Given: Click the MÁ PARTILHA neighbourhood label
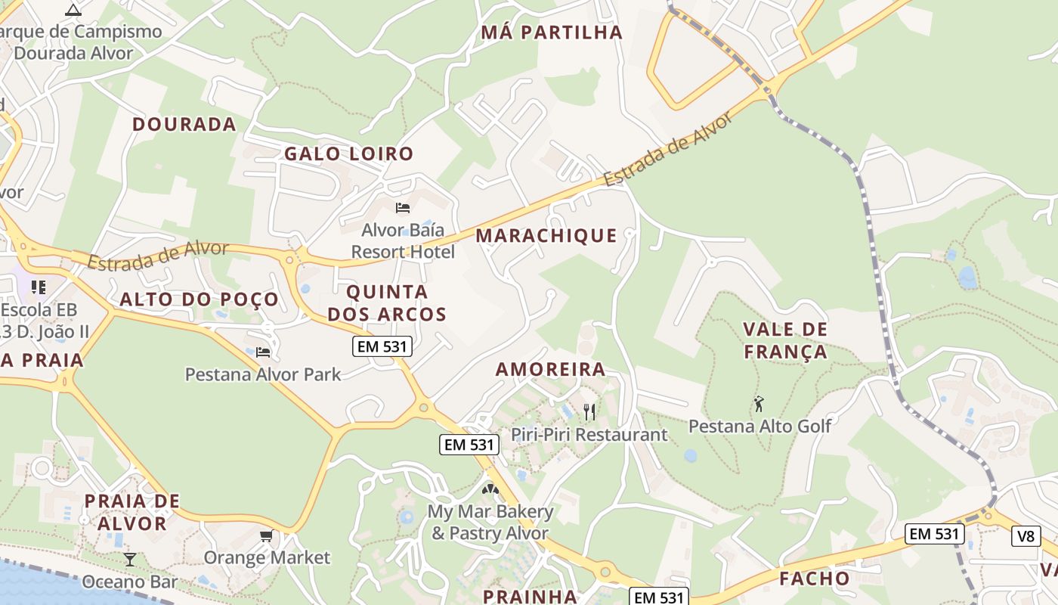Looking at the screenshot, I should tap(552, 33).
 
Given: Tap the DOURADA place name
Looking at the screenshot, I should tap(184, 125).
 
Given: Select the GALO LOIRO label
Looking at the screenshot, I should tap(349, 154).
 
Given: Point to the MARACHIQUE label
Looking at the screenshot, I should tap(546, 236).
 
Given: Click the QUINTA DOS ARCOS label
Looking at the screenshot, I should tap(387, 302).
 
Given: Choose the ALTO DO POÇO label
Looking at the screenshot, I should tap(200, 299).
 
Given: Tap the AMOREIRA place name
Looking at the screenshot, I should tap(550, 370).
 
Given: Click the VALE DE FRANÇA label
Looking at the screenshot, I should tap(785, 340).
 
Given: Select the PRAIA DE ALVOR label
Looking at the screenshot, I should tap(132, 512).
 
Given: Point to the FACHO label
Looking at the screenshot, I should tap(815, 579).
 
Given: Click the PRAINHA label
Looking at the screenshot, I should tap(530, 596).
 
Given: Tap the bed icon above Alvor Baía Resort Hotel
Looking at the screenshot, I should tap(403, 207).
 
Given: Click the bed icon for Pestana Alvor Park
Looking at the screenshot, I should tap(263, 352).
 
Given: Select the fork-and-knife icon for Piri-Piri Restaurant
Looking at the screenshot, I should tap(589, 411).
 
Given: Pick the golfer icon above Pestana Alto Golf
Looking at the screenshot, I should tap(759, 404).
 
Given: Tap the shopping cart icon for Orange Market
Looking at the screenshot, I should tap(266, 536).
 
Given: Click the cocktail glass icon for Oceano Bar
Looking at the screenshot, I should tap(130, 560).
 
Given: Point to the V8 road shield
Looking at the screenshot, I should tap(1025, 536).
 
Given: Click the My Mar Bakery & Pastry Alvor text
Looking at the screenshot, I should tap(490, 522).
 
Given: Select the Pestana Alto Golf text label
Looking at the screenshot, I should tap(759, 426).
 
